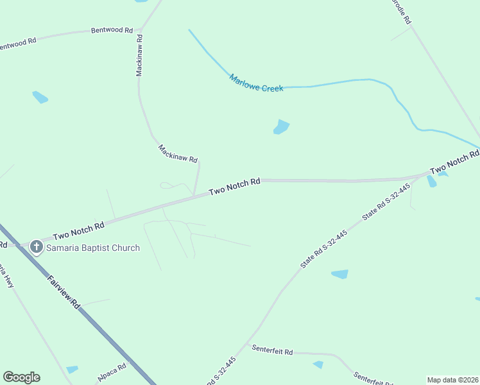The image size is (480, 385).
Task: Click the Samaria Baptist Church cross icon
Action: coord(37,247)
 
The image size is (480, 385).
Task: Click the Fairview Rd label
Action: coord(63,292)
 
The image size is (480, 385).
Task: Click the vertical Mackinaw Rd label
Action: coord(139,56)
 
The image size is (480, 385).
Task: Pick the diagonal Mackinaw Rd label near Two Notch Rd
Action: coord(178,153)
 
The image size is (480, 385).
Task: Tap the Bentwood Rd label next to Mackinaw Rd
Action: coord(112,30)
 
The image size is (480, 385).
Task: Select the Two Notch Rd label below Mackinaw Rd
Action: coord(235,187)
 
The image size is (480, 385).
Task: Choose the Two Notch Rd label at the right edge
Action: coord(454,162)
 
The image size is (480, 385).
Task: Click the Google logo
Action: coord(21,377)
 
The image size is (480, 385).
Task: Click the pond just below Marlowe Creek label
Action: coord(281,127)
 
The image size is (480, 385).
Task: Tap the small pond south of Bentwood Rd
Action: coord(40,98)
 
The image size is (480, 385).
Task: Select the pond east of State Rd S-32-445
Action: coord(339,274)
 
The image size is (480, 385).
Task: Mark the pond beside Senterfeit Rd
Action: coord(318,364)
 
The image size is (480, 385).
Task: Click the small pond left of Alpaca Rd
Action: coord(72,370)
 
